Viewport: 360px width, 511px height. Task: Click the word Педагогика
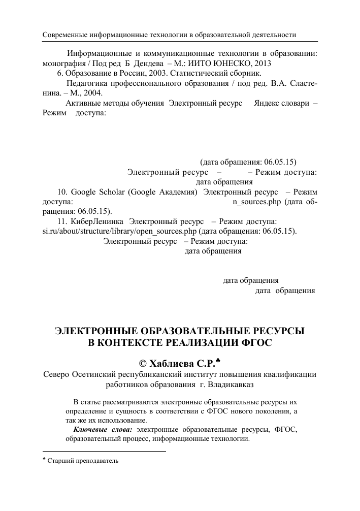pyautogui.click(x=87, y=84)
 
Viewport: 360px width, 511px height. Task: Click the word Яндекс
pyautogui.click(x=267, y=104)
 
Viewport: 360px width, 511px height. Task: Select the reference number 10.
pyautogui.click(x=63, y=192)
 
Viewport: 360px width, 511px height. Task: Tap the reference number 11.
pyautogui.click(x=63, y=221)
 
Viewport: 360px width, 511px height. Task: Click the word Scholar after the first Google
pyautogui.click(x=107, y=192)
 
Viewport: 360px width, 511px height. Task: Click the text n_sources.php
pyautogui.click(x=256, y=202)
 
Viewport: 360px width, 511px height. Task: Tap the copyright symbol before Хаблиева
pyautogui.click(x=143, y=364)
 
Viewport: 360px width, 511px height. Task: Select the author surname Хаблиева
pyautogui.click(x=172, y=364)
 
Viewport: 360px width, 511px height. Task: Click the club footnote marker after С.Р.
pyautogui.click(x=219, y=361)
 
